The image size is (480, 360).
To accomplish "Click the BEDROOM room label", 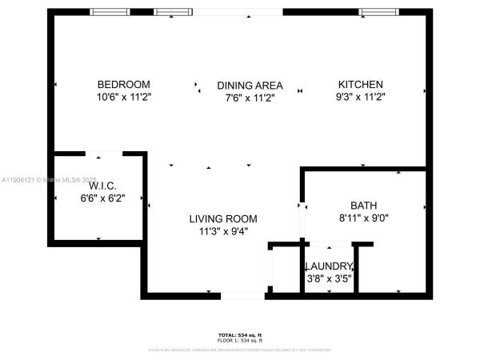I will pyautogui.click(x=123, y=84).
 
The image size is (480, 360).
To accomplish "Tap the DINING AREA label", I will pyautogui.click(x=249, y=85).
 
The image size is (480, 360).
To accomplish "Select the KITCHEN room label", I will pyautogui.click(x=360, y=84).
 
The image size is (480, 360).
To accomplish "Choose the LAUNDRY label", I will pyautogui.click(x=328, y=266).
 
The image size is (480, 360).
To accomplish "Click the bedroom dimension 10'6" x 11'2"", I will pyautogui.click(x=123, y=96).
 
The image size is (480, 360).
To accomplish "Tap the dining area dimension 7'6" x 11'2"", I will pyautogui.click(x=249, y=97).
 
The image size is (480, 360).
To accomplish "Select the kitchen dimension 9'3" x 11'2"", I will pyautogui.click(x=360, y=96).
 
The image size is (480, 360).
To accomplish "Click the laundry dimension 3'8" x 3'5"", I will pyautogui.click(x=328, y=278).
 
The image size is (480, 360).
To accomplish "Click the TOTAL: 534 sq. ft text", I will pyautogui.click(x=239, y=334).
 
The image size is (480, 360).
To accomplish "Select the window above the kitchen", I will pyautogui.click(x=374, y=12).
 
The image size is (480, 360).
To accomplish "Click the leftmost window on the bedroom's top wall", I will pyautogui.click(x=110, y=12).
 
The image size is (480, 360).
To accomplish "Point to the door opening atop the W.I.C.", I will pyautogui.click(x=104, y=154).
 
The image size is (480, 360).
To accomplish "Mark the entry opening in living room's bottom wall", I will pyautogui.click(x=242, y=296).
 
